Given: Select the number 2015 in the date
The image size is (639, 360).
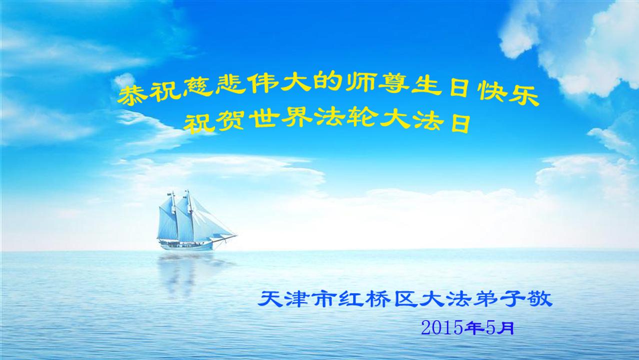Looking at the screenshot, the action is pos(441,328).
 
